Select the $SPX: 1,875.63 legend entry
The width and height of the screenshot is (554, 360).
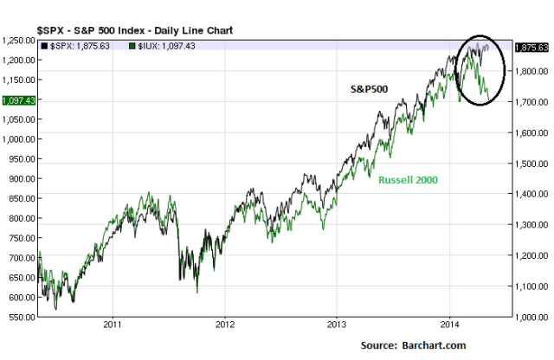pos(81,45)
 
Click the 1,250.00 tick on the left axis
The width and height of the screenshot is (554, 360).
pos(17,40)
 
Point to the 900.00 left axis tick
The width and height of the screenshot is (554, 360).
pos(21,178)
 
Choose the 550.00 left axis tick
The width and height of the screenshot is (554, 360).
pos(21,317)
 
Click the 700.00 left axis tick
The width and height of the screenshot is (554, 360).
pos(21,258)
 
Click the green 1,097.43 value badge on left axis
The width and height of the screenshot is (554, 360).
pos(17,100)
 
